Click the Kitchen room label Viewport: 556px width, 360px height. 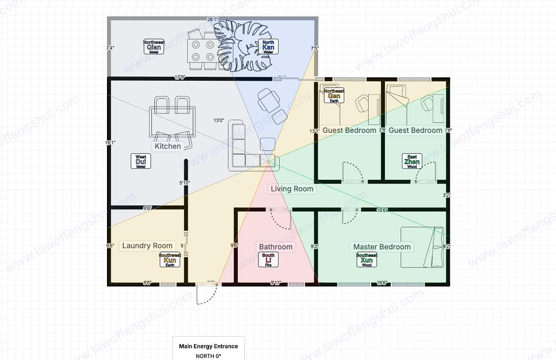click(168, 146)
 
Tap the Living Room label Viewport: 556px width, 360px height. click(292, 189)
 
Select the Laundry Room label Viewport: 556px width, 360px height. click(147, 245)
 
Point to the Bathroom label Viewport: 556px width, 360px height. click(276, 247)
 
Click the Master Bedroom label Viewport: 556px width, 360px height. click(382, 247)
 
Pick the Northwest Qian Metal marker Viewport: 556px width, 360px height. click(154, 47)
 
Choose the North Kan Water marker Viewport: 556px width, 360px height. click(268, 47)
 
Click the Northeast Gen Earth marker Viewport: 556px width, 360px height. click(334, 96)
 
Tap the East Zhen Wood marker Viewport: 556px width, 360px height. click(412, 161)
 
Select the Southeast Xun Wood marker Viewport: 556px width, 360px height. click(367, 260)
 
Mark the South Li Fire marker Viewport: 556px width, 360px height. click(268, 260)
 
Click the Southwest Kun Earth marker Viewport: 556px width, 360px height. click(170, 260)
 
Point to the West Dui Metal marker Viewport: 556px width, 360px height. click(141, 161)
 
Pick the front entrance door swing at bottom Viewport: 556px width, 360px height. click(207, 293)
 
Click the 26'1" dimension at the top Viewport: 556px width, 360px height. click(212, 19)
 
